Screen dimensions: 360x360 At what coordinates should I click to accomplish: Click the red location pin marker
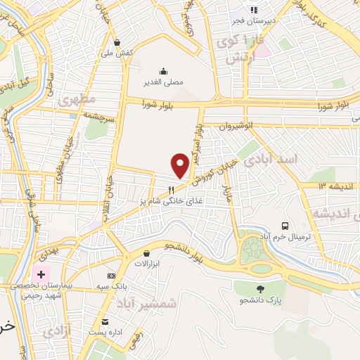tap(181, 165)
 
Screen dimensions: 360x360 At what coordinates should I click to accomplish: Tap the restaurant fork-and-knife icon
tap(170, 189)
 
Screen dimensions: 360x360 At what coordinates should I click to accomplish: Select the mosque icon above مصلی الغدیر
tap(164, 70)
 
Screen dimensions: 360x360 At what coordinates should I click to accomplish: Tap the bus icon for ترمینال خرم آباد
tap(285, 226)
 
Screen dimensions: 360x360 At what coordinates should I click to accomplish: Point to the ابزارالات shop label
tap(148, 264)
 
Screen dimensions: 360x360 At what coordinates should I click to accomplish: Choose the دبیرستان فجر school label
tap(253, 20)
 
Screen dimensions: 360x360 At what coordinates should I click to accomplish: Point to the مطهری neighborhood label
tap(77, 101)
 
